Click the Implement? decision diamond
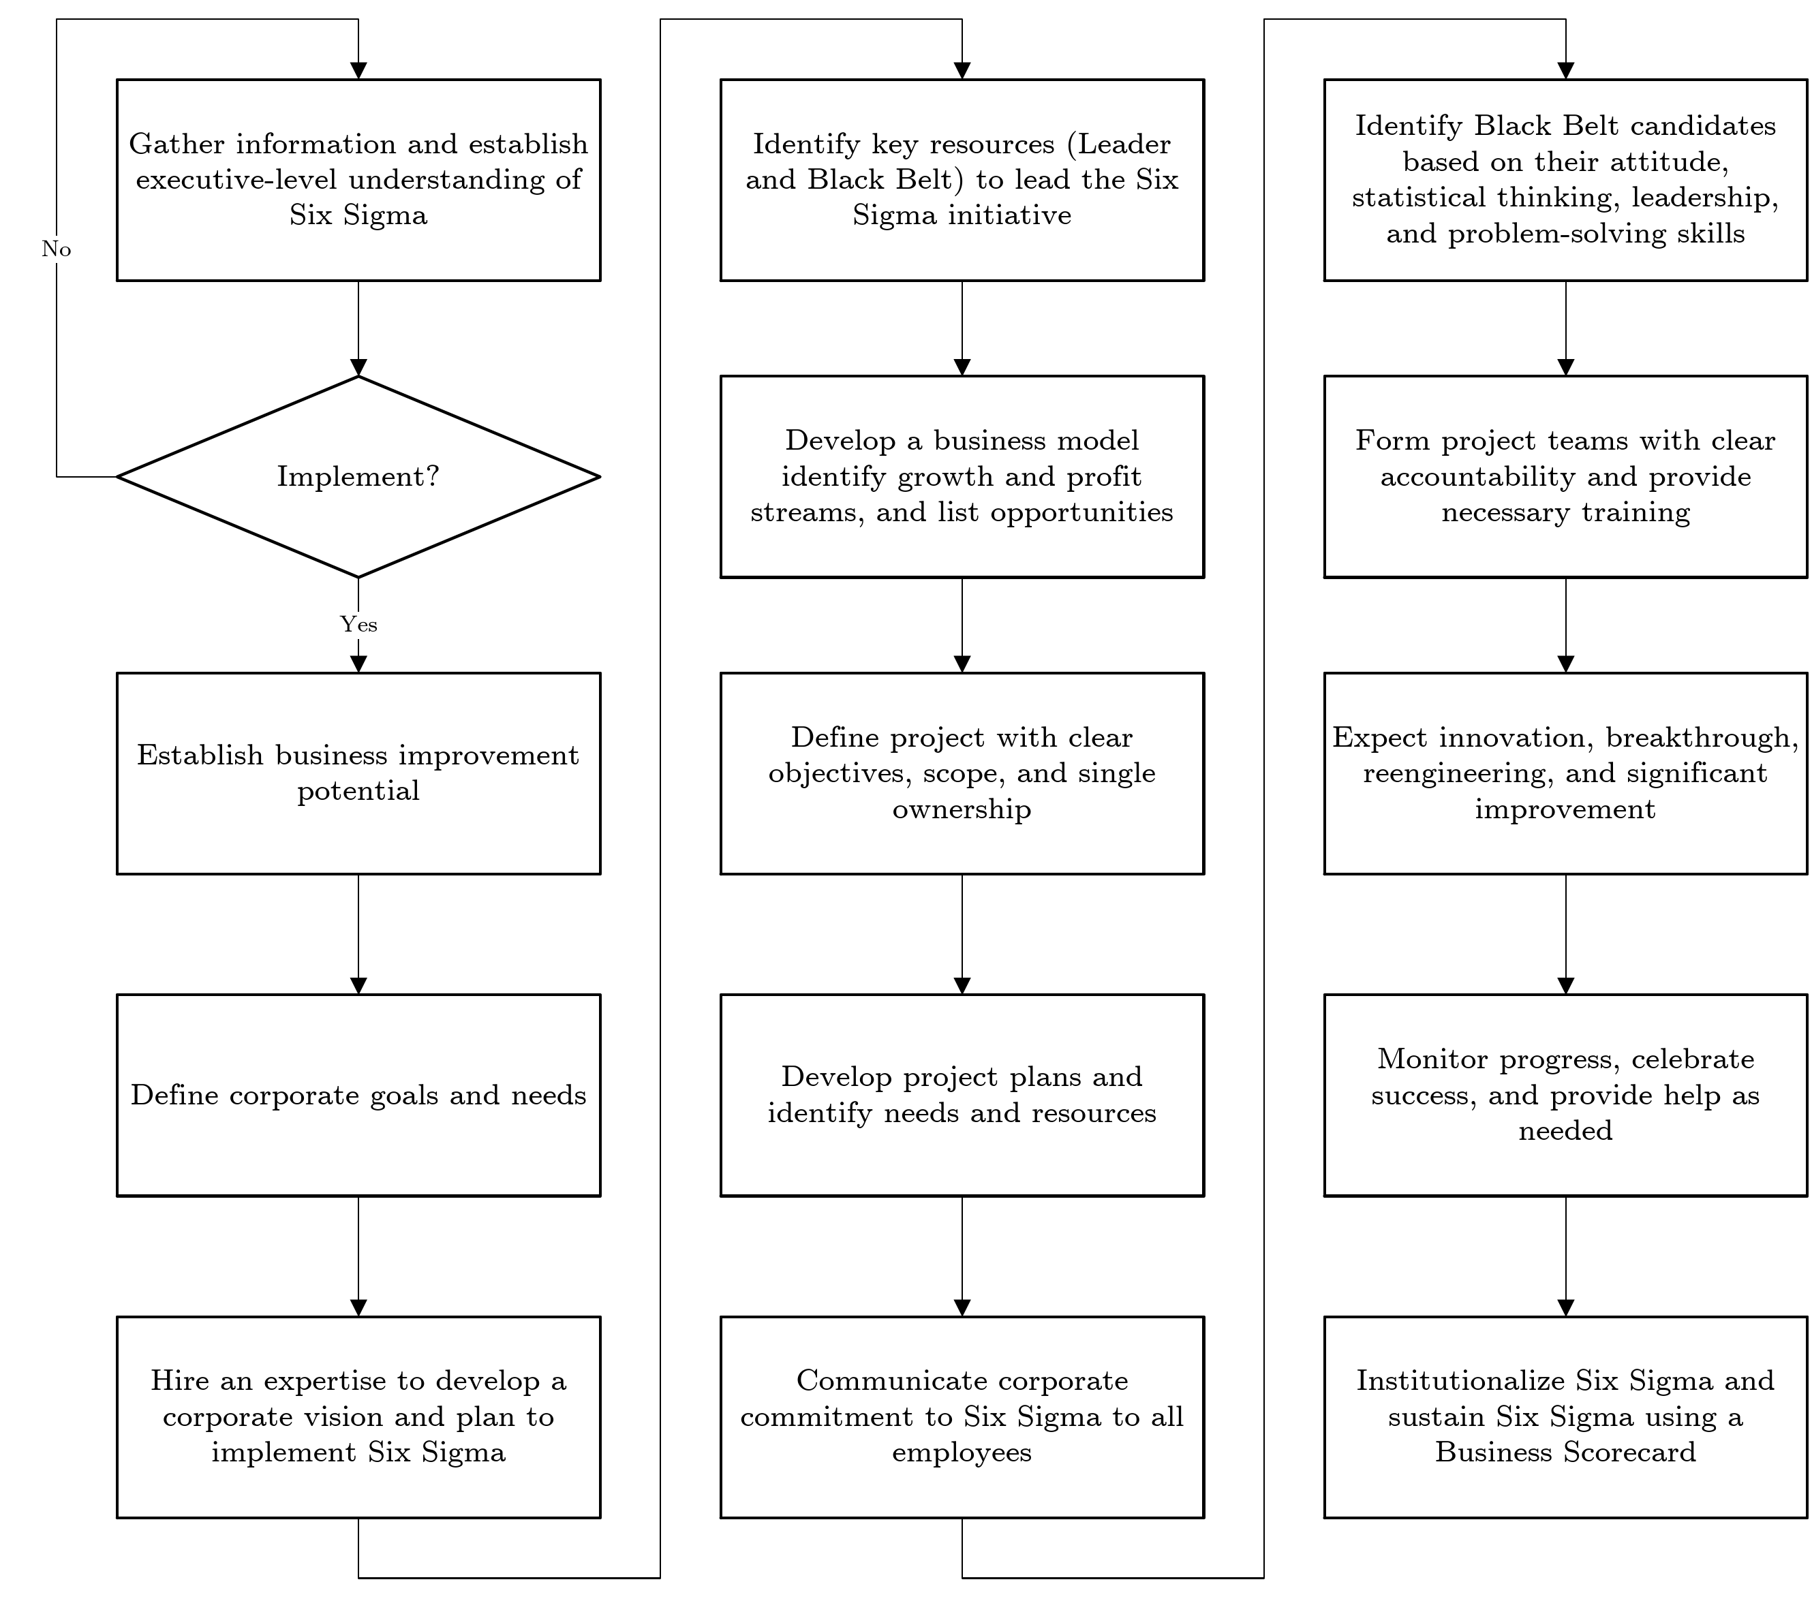(x=358, y=477)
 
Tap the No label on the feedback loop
(x=56, y=250)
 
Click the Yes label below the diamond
(x=358, y=625)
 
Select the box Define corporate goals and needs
(x=358, y=1096)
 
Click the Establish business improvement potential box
(x=358, y=773)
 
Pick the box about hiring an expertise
(x=358, y=1416)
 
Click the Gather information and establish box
(x=358, y=180)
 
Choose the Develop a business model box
(x=962, y=477)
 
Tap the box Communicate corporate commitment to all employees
(x=962, y=1416)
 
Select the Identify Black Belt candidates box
(x=1565, y=180)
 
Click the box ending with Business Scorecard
(x=1565, y=1416)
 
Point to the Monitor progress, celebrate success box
(x=1565, y=1096)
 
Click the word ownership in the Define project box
(x=962, y=809)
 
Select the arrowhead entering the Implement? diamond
(x=358, y=367)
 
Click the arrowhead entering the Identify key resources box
(x=962, y=71)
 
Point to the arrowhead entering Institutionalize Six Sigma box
(x=1565, y=1307)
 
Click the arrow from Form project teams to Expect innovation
(x=1565, y=625)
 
